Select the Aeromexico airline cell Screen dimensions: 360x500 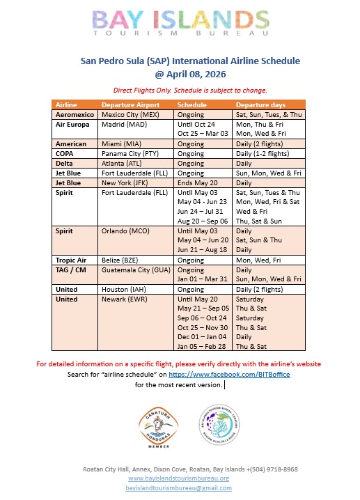click(x=76, y=114)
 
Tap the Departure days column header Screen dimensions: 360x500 click(x=260, y=104)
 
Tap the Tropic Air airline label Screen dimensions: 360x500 click(x=72, y=260)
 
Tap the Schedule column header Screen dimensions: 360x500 click(x=192, y=104)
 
